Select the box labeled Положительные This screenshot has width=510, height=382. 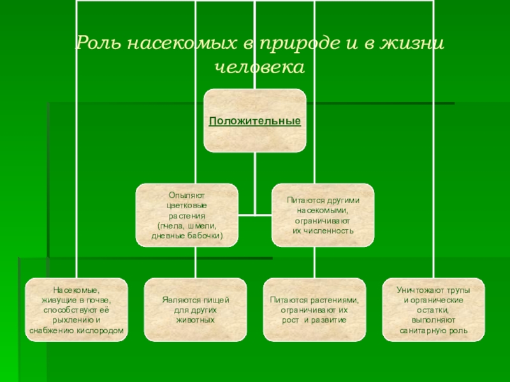pyautogui.click(x=255, y=120)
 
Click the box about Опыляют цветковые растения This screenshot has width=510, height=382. pyautogui.click(x=187, y=216)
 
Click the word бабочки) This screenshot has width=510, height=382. pyautogui.click(x=204, y=236)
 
